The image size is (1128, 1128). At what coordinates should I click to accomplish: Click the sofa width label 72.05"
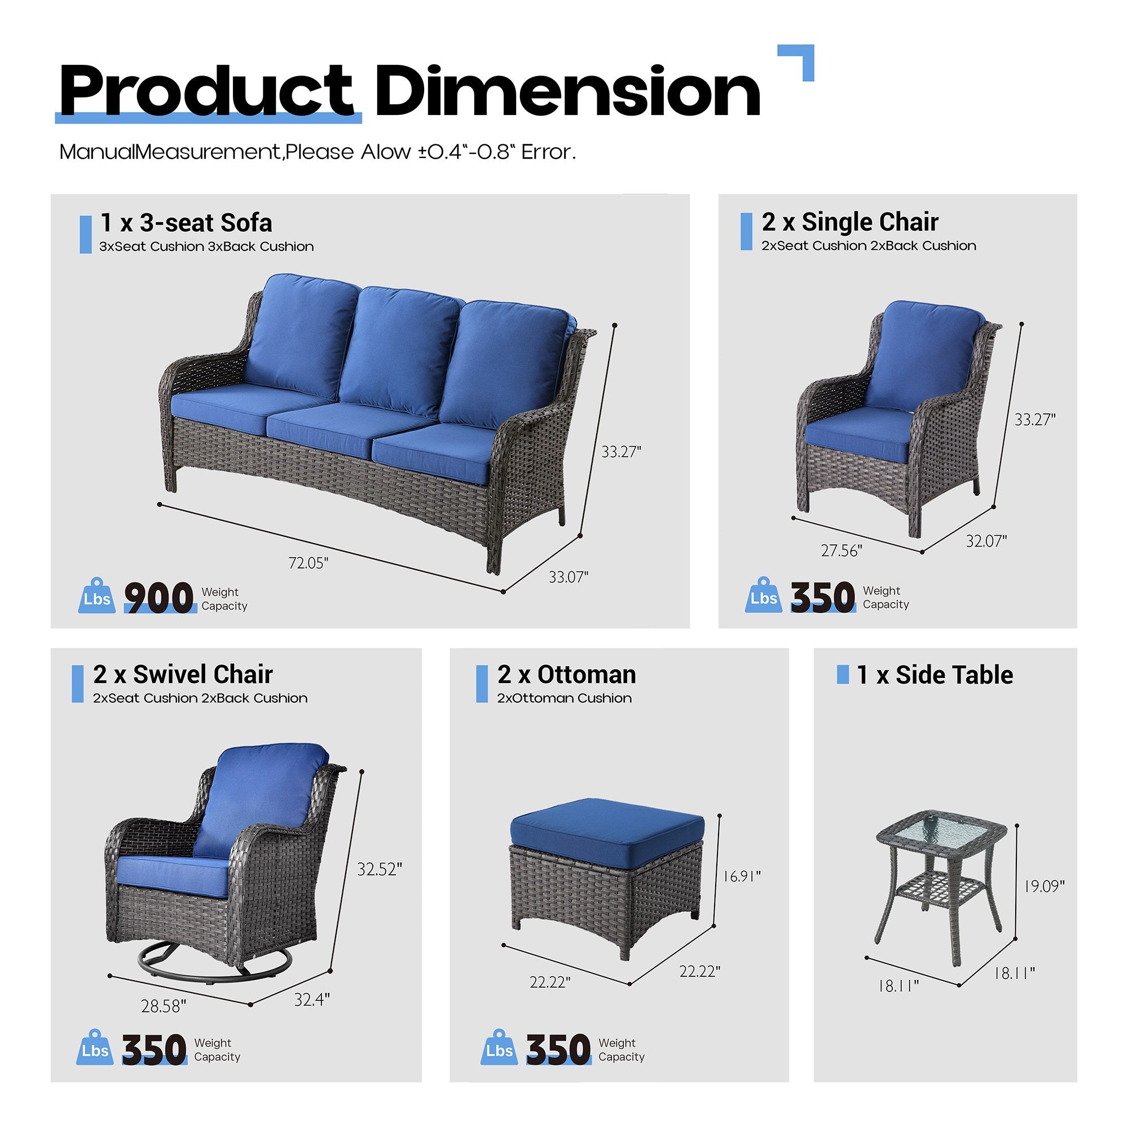[309, 563]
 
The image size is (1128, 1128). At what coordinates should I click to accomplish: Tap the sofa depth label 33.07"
[568, 578]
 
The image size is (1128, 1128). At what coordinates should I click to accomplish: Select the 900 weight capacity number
[159, 598]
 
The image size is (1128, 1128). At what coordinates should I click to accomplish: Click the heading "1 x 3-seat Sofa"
[186, 222]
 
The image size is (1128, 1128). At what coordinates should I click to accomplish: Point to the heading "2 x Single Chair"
[849, 222]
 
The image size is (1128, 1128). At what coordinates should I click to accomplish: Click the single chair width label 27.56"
[841, 550]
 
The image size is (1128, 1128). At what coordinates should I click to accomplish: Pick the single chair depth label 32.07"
[986, 541]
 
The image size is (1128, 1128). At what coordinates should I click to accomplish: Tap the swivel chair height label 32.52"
[380, 869]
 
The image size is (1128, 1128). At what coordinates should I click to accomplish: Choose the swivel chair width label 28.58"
[164, 1006]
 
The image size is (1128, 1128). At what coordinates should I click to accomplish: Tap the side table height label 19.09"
[1045, 886]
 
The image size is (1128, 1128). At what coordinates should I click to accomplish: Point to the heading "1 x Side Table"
[934, 675]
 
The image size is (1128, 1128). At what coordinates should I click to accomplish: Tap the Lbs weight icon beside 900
[97, 597]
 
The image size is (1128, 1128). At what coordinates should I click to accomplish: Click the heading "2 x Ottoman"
[566, 675]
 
